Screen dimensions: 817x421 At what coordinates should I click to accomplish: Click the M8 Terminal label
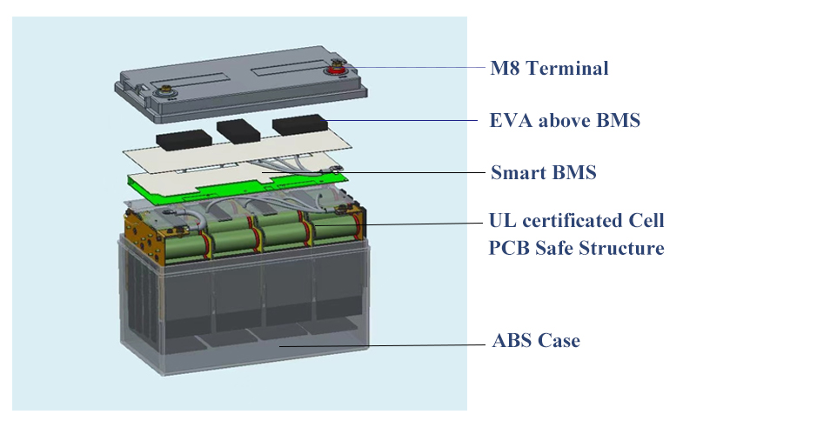[x=549, y=68]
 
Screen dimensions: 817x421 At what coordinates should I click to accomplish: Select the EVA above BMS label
[x=565, y=120]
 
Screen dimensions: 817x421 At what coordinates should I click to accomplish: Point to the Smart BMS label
[x=544, y=172]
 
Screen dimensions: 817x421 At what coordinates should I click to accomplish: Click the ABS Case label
[x=536, y=341]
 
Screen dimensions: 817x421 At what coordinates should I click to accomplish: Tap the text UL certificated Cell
[x=576, y=220]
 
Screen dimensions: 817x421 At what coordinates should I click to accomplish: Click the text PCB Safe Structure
[x=576, y=248]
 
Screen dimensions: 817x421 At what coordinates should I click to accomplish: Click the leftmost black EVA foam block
[x=184, y=140]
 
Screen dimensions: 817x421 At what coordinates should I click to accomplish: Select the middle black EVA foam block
[x=238, y=131]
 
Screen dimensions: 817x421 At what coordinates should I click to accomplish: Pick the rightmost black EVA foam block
[x=299, y=125]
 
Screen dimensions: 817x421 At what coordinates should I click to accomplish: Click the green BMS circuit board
[x=237, y=184]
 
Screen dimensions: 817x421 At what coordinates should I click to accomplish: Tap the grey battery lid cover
[x=241, y=84]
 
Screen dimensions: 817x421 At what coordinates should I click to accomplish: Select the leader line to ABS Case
[x=382, y=345]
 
